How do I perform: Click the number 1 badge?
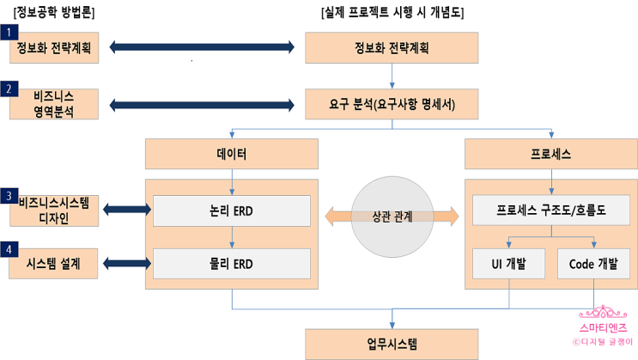(x=9, y=31)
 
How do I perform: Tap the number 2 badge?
(x=9, y=88)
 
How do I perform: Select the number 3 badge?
(x=9, y=197)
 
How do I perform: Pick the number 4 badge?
(x=9, y=250)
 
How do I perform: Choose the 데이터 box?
(x=232, y=154)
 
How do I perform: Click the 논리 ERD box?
(x=232, y=211)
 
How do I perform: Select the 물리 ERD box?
(x=232, y=263)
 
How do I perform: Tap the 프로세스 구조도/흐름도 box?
(x=551, y=211)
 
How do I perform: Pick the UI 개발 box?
(x=509, y=263)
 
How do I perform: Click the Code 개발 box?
(x=593, y=263)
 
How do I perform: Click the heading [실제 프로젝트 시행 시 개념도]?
(x=392, y=11)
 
